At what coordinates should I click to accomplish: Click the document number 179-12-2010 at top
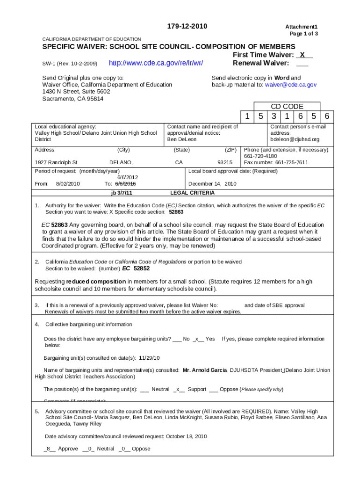click(187, 26)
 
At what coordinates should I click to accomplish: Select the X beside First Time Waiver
click(302, 55)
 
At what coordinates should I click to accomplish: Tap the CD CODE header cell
click(287, 107)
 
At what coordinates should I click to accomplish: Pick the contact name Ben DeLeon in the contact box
click(182, 139)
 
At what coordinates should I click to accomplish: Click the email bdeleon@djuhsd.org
click(295, 139)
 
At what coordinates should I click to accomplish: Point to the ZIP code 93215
click(225, 162)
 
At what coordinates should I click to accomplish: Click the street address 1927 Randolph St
click(56, 162)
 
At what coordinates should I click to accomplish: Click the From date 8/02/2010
click(68, 184)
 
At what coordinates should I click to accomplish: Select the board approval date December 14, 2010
click(212, 184)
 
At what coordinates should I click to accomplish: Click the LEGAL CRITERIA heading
click(192, 193)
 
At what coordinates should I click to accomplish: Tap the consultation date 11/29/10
click(150, 358)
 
